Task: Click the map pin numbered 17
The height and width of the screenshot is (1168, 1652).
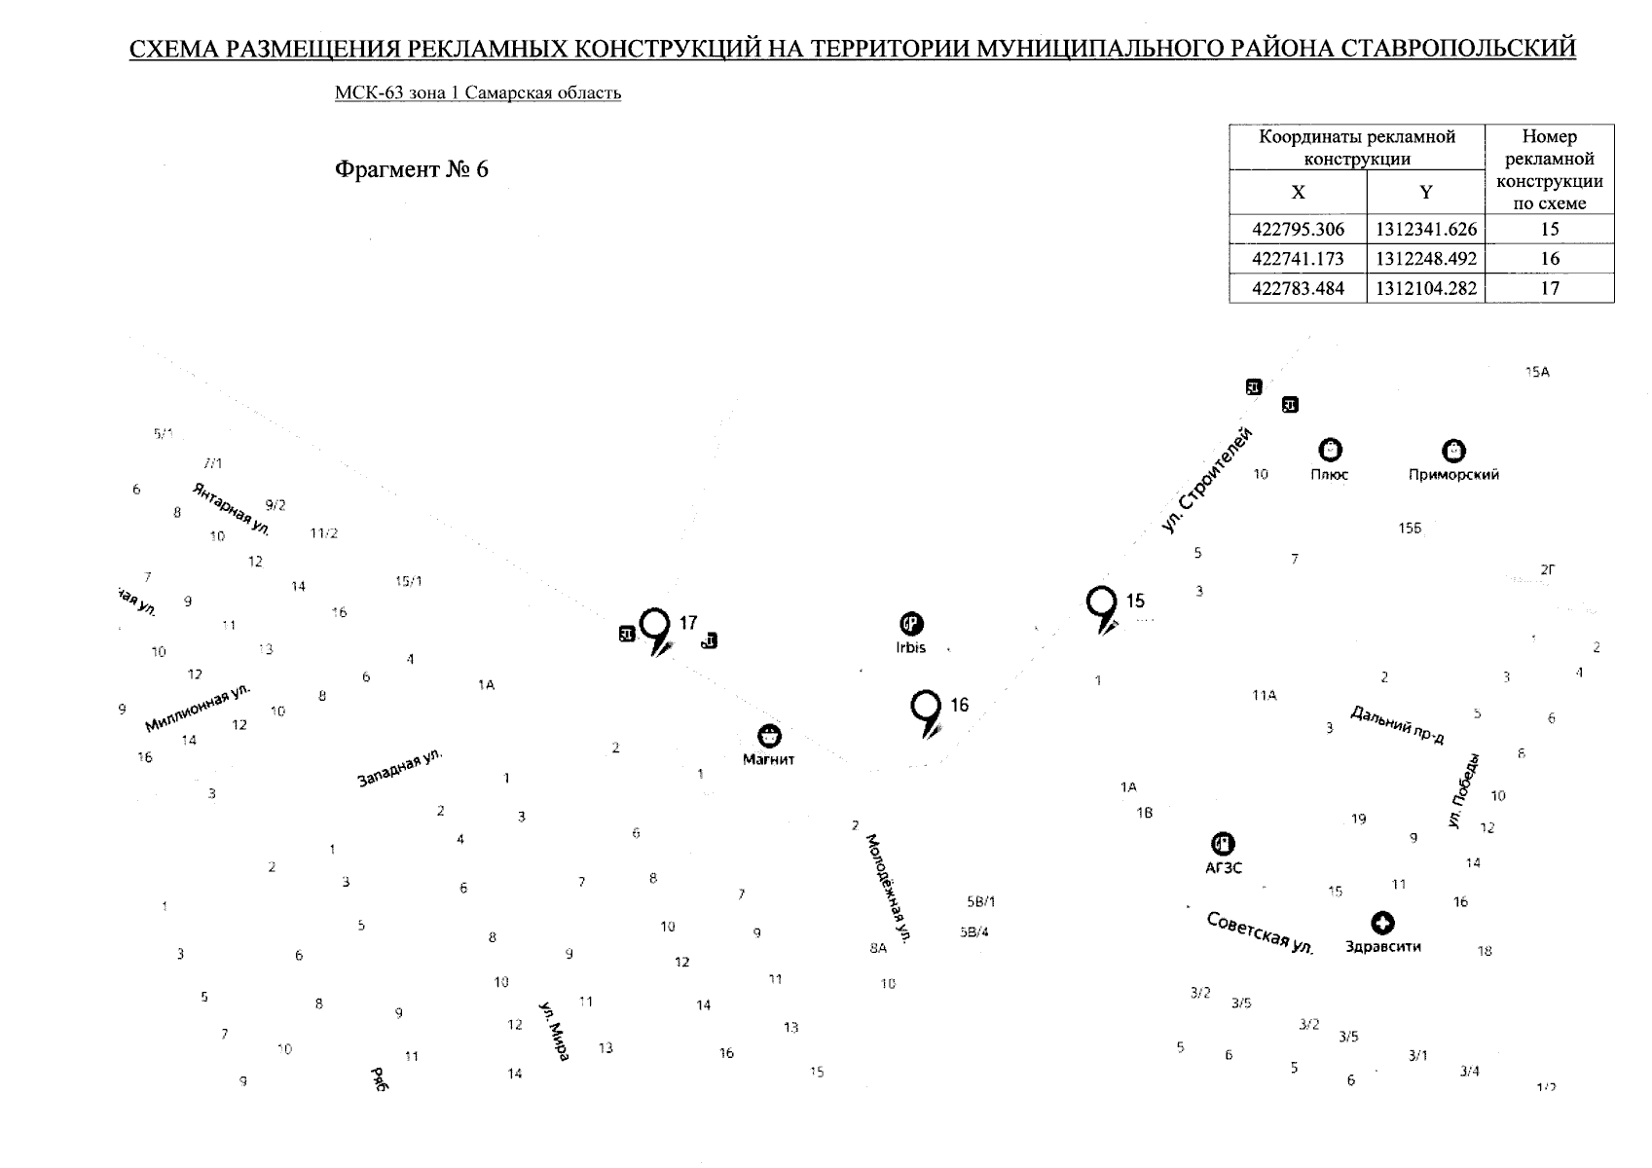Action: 657,625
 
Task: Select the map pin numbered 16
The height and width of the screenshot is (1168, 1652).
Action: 925,707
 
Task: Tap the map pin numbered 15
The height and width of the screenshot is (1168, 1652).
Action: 1101,602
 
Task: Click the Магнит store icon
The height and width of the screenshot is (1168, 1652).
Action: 769,736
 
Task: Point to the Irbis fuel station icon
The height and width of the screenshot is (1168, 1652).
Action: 911,624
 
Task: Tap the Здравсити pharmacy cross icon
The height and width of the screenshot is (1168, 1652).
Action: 1382,923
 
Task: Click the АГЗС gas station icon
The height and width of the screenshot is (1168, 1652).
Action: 1223,844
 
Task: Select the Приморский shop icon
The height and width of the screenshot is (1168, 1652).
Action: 1453,451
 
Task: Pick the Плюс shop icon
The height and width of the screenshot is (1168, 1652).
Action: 1330,450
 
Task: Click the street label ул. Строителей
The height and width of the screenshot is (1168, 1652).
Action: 1206,481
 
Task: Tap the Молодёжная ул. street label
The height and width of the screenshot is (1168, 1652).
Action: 888,888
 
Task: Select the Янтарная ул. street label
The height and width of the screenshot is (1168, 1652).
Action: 232,509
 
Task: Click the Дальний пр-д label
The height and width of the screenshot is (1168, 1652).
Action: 1397,725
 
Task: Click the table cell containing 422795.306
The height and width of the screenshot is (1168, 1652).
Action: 1298,231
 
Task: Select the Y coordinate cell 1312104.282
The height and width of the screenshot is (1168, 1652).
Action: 1425,288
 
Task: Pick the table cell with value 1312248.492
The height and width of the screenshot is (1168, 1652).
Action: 1425,259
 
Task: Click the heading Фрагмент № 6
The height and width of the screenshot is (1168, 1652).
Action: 411,170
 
